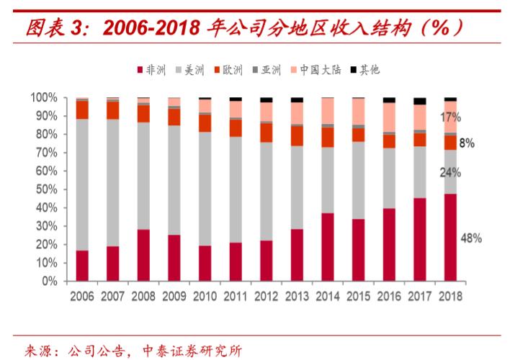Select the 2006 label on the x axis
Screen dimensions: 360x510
pyautogui.click(x=82, y=295)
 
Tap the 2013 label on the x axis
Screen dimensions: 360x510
pyautogui.click(x=297, y=295)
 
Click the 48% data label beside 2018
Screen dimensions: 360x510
pyautogui.click(x=471, y=238)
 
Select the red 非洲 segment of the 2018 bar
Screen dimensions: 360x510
pyautogui.click(x=450, y=237)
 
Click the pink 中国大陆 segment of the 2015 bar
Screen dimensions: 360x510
pyautogui.click(x=358, y=112)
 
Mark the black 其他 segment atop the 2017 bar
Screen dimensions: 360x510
pyautogui.click(x=419, y=102)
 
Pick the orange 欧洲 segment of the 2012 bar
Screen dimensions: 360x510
pyautogui.click(x=267, y=132)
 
